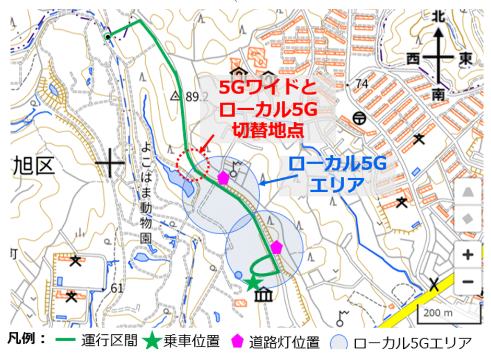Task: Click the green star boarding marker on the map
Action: pyautogui.click(x=254, y=283)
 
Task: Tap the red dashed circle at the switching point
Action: pyautogui.click(x=192, y=165)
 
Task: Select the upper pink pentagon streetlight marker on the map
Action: pyautogui.click(x=224, y=178)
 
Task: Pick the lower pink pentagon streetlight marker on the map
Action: pyautogui.click(x=276, y=247)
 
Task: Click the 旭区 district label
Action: pyautogui.click(x=34, y=167)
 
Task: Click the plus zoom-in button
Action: pyautogui.click(x=467, y=255)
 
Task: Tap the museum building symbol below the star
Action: pyautogui.click(x=260, y=297)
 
